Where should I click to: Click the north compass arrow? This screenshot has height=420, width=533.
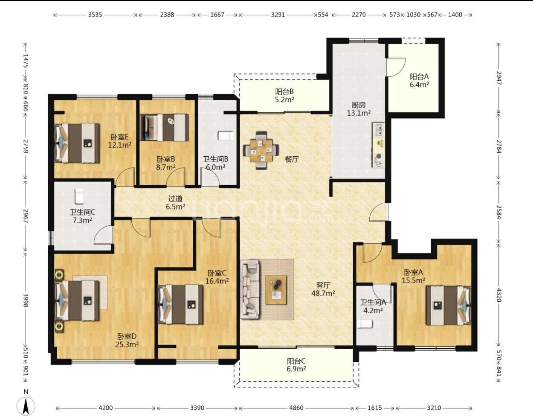pyautogui.click(x=26, y=406)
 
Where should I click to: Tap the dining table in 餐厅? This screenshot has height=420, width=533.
pyautogui.click(x=261, y=151)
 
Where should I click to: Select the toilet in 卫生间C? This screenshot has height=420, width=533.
pyautogui.click(x=79, y=196)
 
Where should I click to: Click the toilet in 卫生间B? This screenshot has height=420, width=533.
pyautogui.click(x=226, y=136)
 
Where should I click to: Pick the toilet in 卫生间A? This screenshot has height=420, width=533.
pyautogui.click(x=365, y=324)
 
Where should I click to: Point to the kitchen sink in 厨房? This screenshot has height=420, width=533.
pyautogui.click(x=379, y=130)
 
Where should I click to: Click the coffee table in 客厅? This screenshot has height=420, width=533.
pyautogui.click(x=276, y=289)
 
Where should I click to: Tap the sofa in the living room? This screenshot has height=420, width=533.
pyautogui.click(x=250, y=289)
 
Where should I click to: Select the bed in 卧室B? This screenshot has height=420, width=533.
pyautogui.click(x=165, y=128)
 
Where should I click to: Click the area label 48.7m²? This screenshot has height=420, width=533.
pyautogui.click(x=323, y=293)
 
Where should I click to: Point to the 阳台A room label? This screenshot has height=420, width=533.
pyautogui.click(x=419, y=76)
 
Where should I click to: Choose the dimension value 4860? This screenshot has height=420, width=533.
pyautogui.click(x=296, y=408)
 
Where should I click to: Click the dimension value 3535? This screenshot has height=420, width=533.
pyautogui.click(x=95, y=15)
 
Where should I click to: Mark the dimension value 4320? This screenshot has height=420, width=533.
pyautogui.click(x=498, y=295)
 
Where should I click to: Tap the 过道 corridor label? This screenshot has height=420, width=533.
pyautogui.click(x=175, y=198)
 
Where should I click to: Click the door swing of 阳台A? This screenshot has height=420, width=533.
pyautogui.click(x=396, y=67)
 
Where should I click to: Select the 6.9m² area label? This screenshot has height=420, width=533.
pyautogui.click(x=296, y=369)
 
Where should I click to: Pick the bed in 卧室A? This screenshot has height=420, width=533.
pyautogui.click(x=448, y=306)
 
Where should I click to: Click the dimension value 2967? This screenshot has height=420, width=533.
pyautogui.click(x=26, y=216)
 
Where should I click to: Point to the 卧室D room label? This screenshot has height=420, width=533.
pyautogui.click(x=127, y=336)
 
